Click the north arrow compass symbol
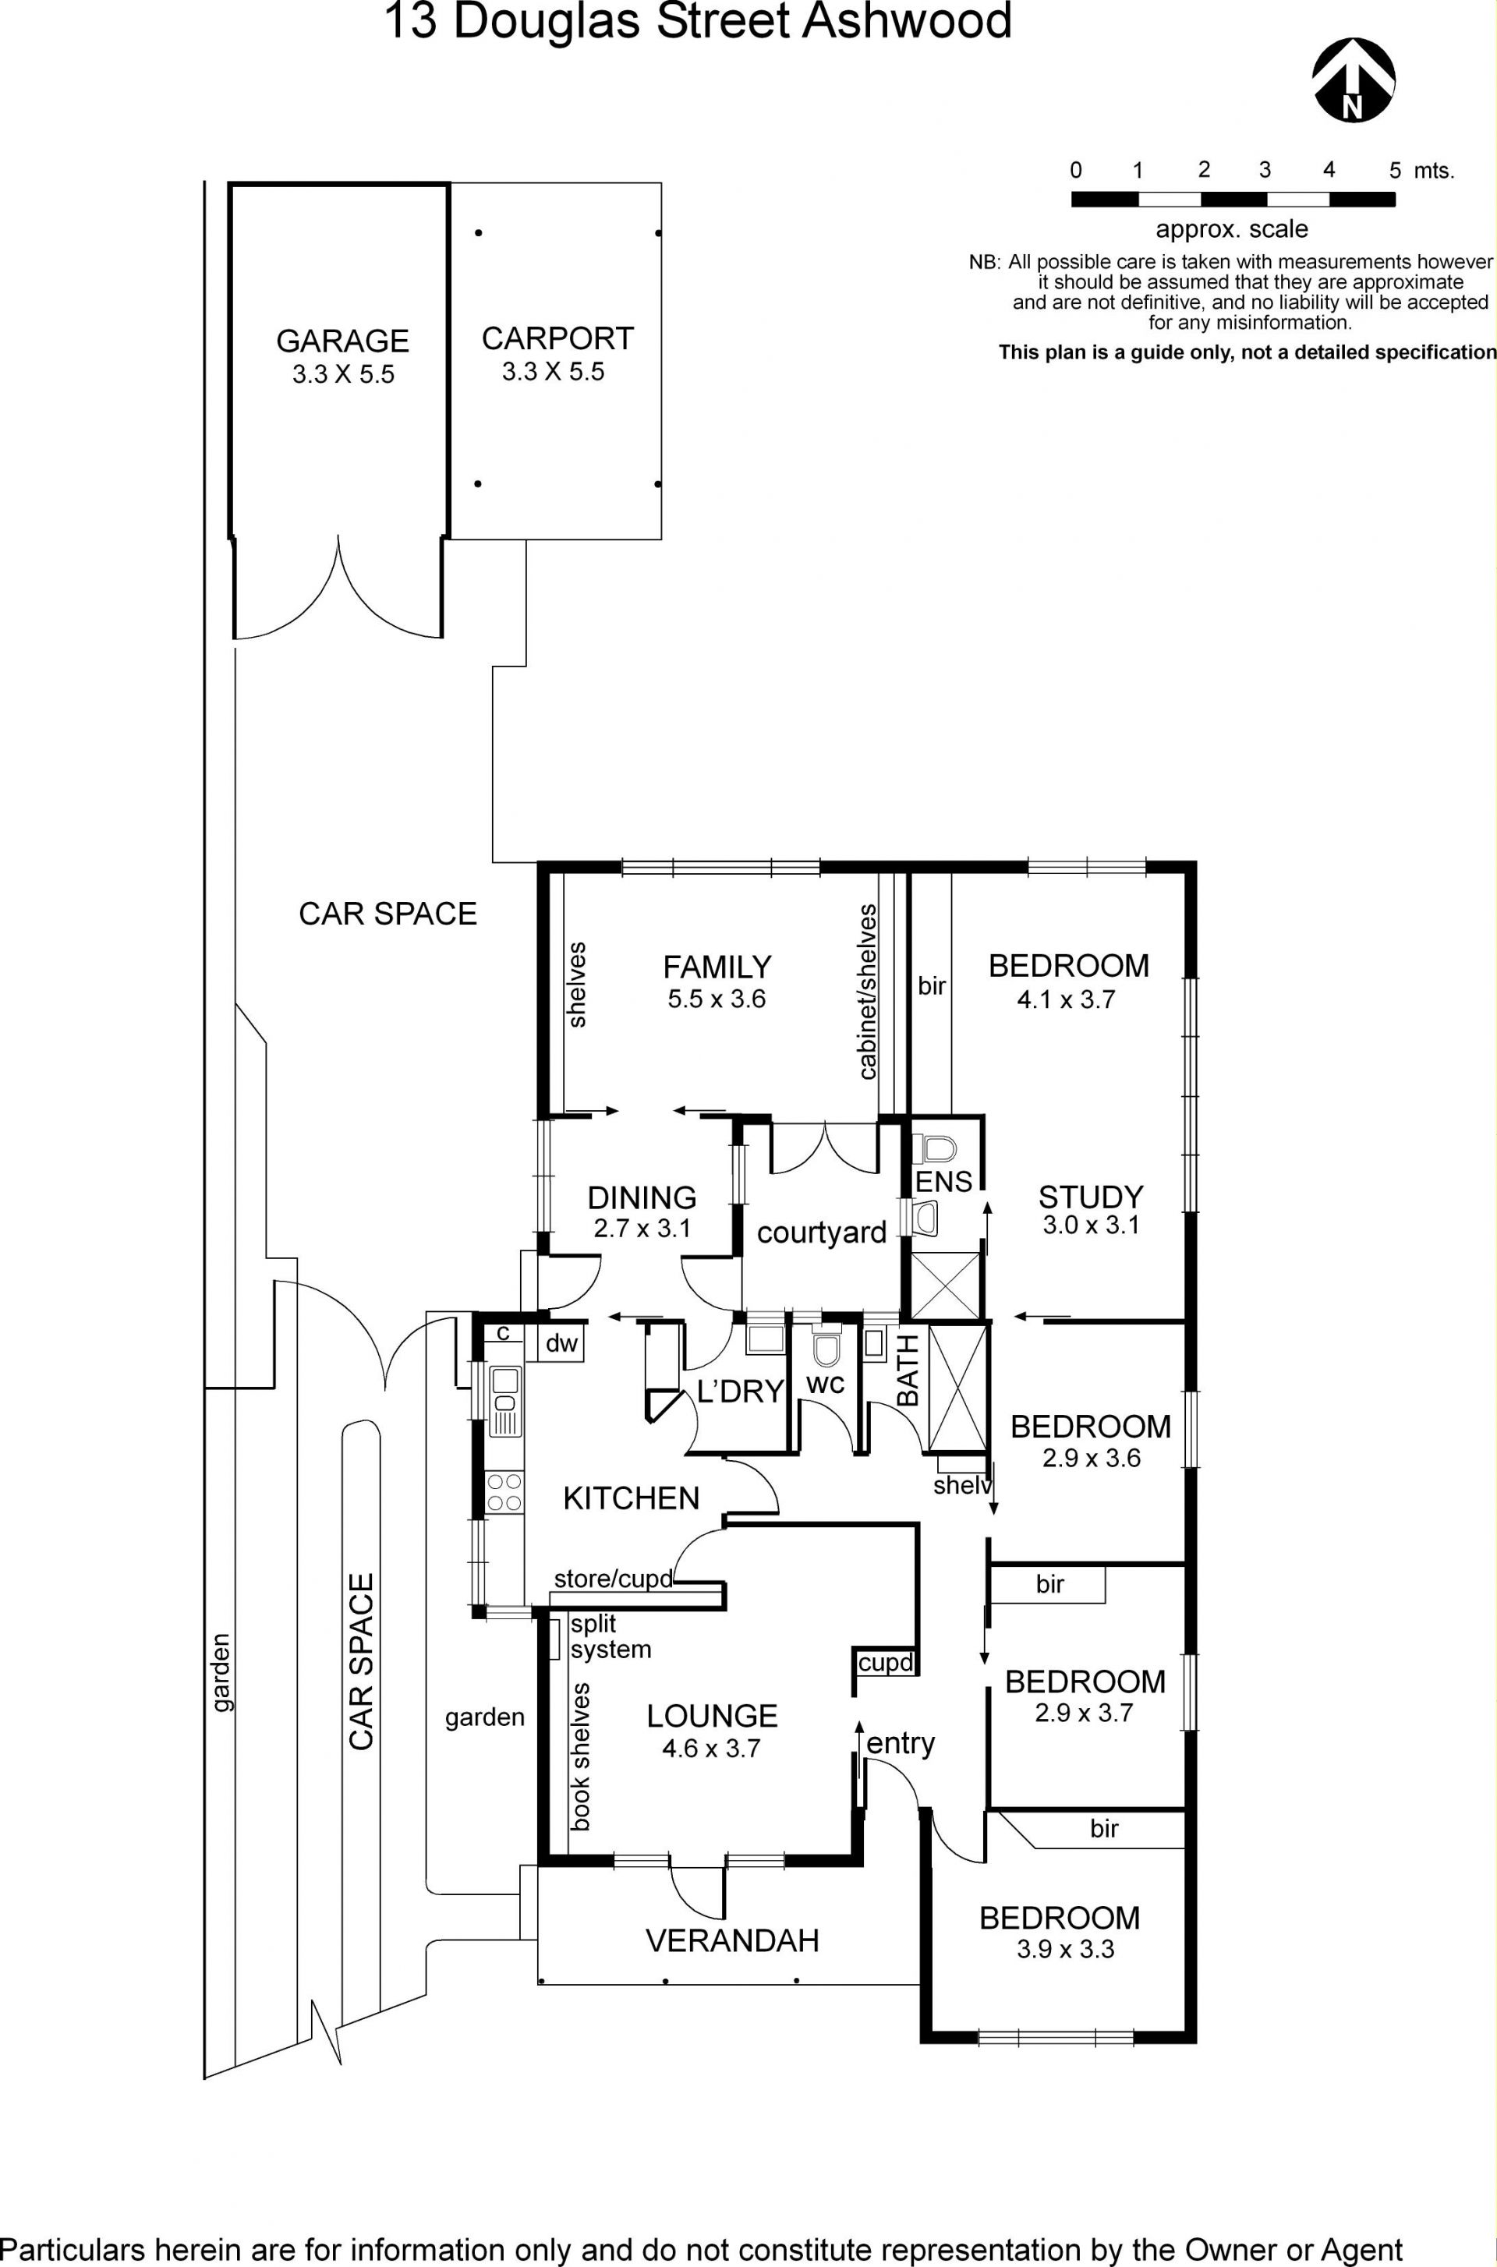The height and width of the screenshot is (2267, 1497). pos(1353,80)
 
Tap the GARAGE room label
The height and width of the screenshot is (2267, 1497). pos(343,341)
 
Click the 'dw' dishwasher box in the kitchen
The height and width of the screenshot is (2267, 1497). pos(561,1343)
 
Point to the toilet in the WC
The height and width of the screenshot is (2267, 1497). pos(825,1349)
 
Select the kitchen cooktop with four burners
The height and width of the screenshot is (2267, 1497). pos(505,1493)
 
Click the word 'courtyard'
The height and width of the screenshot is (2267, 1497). pos(821,1233)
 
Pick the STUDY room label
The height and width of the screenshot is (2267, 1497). pos(1090,1197)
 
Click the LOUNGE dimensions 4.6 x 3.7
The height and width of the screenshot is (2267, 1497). pos(711,1749)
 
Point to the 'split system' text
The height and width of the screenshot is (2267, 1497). pos(610,1636)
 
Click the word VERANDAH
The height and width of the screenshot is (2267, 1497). pos(732,1940)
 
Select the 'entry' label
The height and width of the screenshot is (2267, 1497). pos(901,1744)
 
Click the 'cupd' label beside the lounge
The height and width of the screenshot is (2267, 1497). pos(886,1663)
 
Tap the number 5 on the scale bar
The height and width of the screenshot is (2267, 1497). pos(1395,171)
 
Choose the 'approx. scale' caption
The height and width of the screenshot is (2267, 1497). pos(1232,229)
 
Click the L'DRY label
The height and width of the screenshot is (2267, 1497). pos(740,1392)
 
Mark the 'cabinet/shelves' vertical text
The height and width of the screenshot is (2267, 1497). pos(867,992)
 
